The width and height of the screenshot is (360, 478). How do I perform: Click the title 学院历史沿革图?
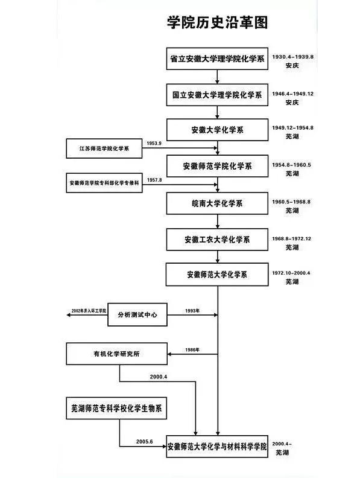point(216,22)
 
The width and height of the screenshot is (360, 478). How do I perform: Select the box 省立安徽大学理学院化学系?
point(217,60)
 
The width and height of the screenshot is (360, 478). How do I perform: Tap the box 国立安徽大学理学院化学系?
point(217,95)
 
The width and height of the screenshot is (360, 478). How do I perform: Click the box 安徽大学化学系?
point(217,130)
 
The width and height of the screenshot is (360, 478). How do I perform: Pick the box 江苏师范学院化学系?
point(104,148)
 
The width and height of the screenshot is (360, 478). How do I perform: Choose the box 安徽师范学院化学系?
point(217,166)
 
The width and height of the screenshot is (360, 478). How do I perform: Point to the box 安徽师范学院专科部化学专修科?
point(104,182)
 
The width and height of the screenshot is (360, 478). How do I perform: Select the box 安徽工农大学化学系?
point(217,240)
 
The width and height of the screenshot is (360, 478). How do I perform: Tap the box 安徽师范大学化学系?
point(217,275)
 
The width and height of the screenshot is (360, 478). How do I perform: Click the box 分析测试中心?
point(137,315)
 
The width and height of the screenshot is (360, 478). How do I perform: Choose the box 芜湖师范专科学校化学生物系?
point(116,409)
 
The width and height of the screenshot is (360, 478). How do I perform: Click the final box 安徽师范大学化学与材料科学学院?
point(217,447)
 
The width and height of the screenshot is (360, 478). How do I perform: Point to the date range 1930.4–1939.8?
point(293,54)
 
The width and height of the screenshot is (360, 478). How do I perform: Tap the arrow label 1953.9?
point(154,143)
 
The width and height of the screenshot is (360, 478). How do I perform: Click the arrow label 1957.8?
point(154,180)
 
